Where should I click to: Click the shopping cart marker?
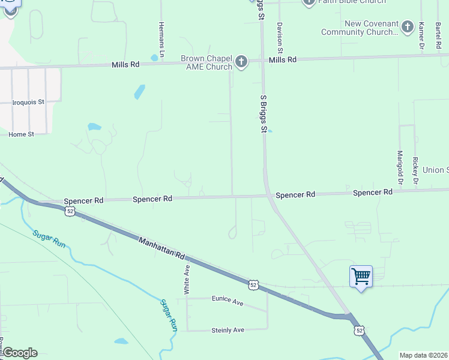pyautogui.click(x=361, y=277)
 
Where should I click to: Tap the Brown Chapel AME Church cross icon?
pyautogui.click(x=241, y=62)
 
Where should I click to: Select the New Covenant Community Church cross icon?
pyautogui.click(x=408, y=26)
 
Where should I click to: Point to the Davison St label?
pyautogui.click(x=280, y=37)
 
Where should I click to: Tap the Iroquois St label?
pyautogui.click(x=29, y=102)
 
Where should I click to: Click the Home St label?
pyautogui.click(x=21, y=134)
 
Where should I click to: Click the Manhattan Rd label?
pyautogui.click(x=161, y=248)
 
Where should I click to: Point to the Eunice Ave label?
pyautogui.click(x=228, y=301)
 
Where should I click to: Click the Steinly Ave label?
pyautogui.click(x=228, y=330)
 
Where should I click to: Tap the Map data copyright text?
pyautogui.click(x=423, y=355)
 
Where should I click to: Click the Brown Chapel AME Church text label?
pyautogui.click(x=206, y=63)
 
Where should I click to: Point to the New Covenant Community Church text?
pyautogui.click(x=360, y=28)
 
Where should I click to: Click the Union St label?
pyautogui.click(x=435, y=170)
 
